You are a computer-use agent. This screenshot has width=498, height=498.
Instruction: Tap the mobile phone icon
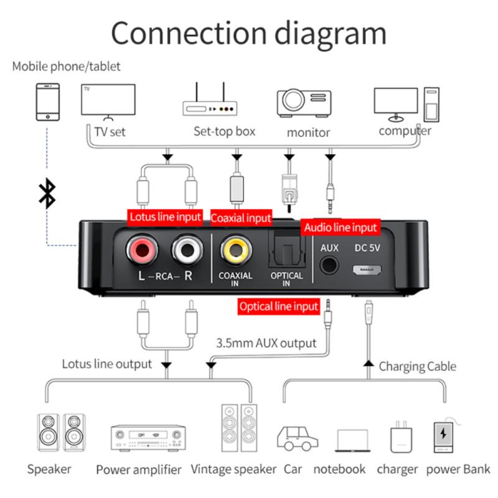[x=47, y=103]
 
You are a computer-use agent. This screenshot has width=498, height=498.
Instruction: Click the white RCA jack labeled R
[x=186, y=251]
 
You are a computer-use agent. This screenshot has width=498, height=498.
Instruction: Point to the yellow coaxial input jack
[x=235, y=251]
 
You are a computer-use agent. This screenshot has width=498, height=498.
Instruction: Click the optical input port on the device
[x=286, y=251]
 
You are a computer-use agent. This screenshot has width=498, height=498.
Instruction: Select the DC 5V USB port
[x=368, y=270]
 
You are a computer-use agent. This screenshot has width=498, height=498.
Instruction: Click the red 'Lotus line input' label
[x=165, y=217]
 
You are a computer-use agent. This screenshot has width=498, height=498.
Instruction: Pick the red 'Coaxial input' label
[x=241, y=218]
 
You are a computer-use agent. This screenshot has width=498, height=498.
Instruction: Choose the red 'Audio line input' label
[x=341, y=228]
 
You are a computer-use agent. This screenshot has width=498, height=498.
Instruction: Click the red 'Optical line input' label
[x=279, y=306]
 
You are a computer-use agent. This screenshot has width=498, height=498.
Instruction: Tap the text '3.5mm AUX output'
[x=266, y=343]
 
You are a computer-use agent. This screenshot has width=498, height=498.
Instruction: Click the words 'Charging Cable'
[x=417, y=367]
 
